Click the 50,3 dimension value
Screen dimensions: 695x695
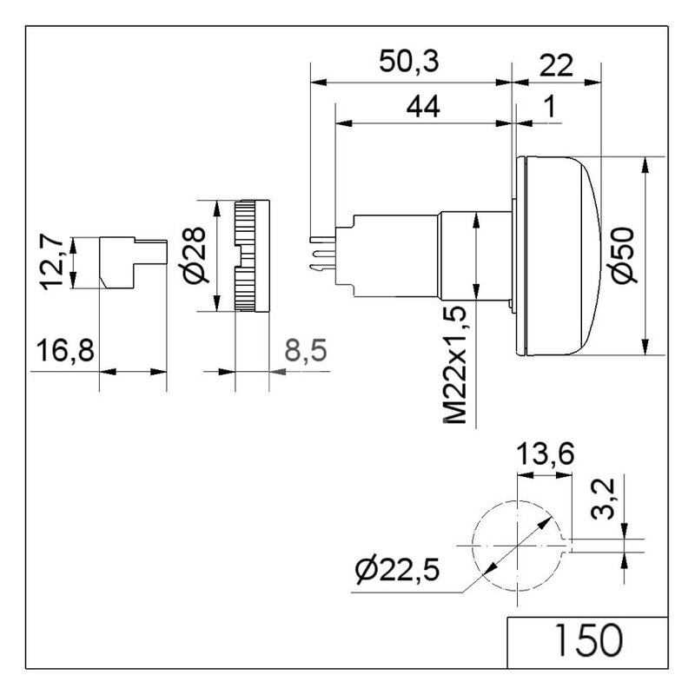[409, 62]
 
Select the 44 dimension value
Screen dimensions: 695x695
[423, 106]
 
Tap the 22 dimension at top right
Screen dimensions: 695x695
[556, 65]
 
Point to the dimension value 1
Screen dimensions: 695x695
[550, 107]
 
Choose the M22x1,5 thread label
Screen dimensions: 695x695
[454, 364]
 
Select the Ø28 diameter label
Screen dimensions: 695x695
[195, 255]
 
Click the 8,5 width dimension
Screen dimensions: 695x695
[306, 350]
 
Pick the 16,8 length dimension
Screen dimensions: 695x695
[65, 350]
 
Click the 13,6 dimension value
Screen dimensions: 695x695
[546, 453]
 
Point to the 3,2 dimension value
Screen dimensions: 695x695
[603, 499]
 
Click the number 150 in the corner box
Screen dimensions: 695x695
[589, 640]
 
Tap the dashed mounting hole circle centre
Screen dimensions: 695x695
[517, 546]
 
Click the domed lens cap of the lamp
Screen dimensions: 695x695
[559, 255]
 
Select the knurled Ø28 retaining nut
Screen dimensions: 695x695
[252, 255]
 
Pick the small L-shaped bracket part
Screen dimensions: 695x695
[133, 263]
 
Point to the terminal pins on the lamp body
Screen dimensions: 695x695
[322, 254]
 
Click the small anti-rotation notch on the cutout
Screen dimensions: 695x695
[567, 546]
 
